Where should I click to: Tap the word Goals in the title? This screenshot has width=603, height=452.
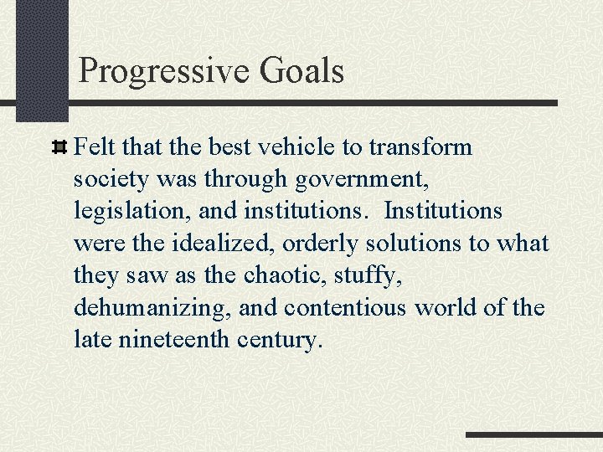301,71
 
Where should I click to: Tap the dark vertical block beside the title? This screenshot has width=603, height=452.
41,59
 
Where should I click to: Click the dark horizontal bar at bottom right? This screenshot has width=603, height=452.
533,435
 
